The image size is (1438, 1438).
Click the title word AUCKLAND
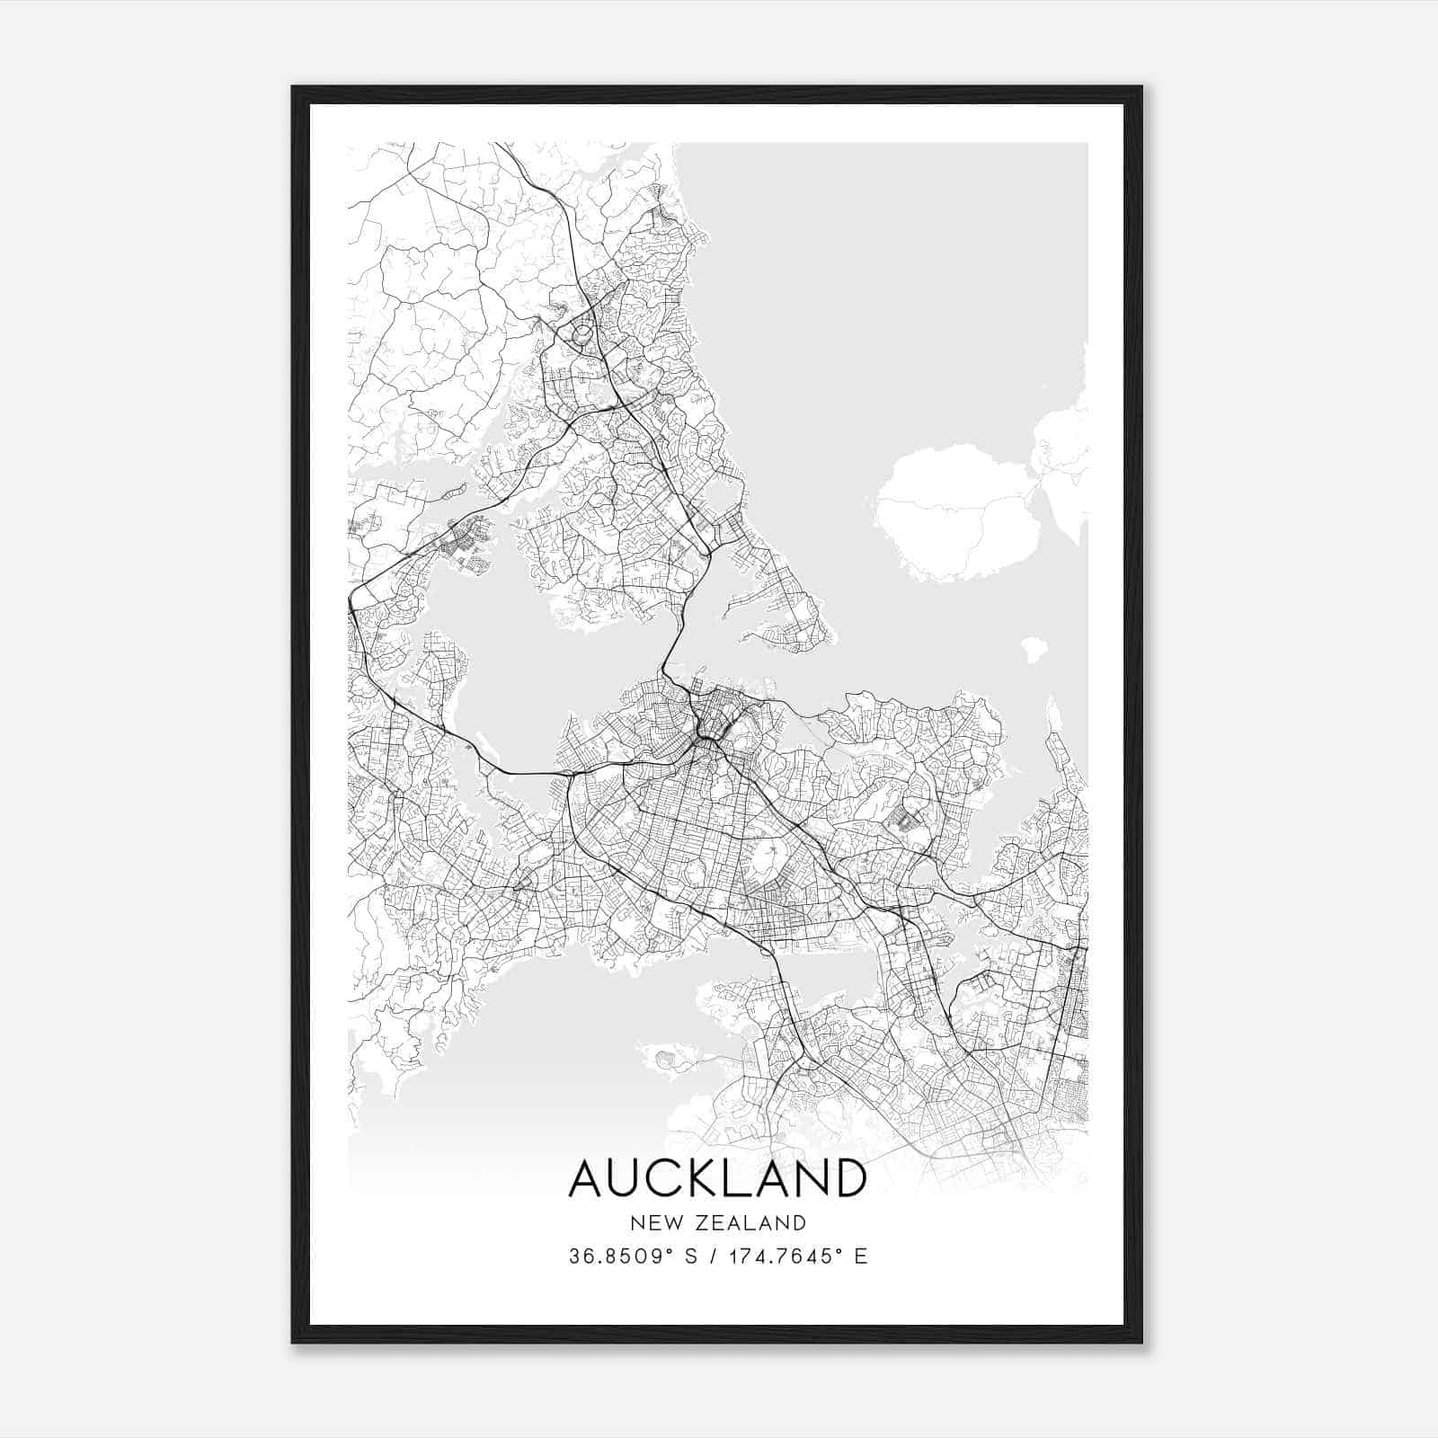(x=718, y=1178)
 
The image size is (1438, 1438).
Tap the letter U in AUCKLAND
(x=629, y=1178)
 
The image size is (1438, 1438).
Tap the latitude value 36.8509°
(x=619, y=1256)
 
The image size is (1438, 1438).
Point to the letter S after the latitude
(x=691, y=1256)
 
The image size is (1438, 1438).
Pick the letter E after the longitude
(x=861, y=1256)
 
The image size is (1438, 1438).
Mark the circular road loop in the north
(x=582, y=334)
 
